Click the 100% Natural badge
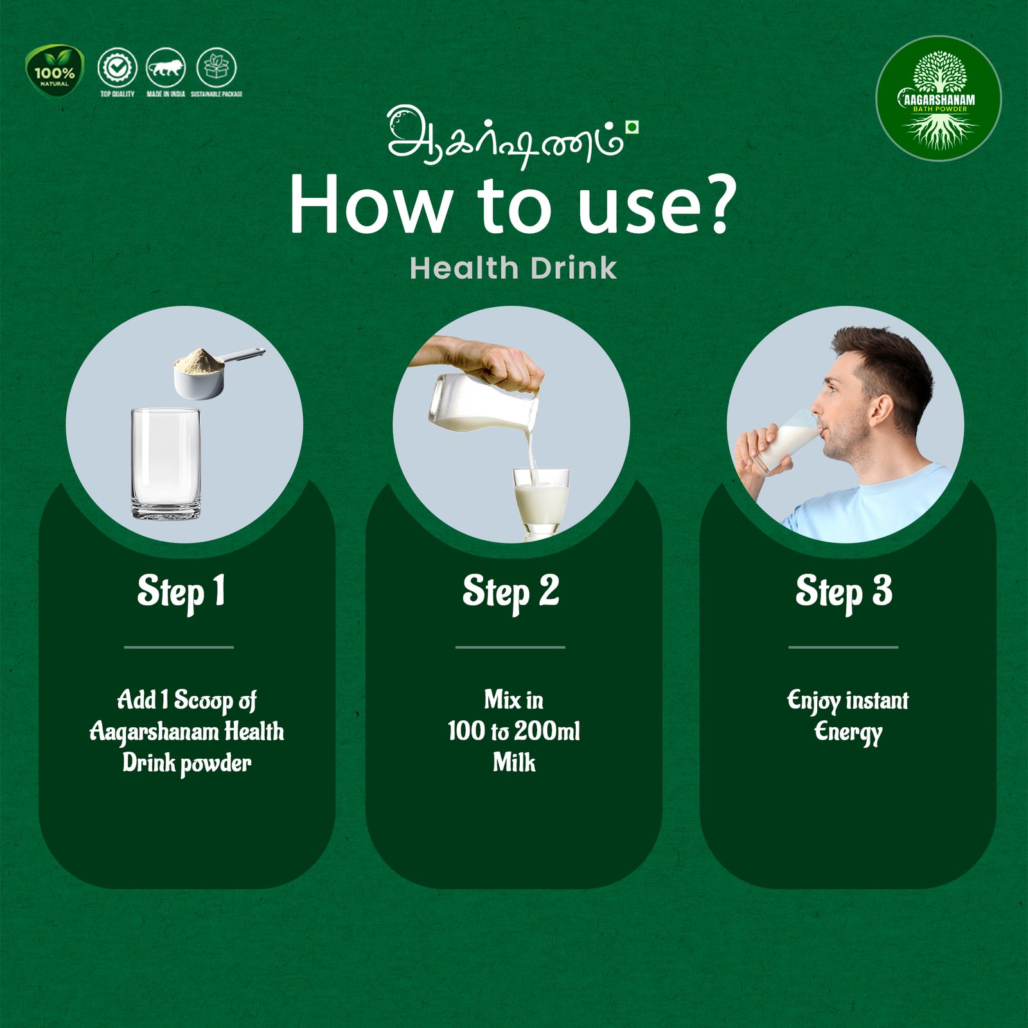coord(55,71)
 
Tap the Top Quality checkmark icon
coord(117,67)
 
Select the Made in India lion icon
coord(166,67)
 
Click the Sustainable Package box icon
coord(216,67)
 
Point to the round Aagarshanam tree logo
coord(939,98)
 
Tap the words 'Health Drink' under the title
coord(513,268)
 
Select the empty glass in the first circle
coord(166,463)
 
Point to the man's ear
coord(881,411)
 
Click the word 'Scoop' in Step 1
coord(204,700)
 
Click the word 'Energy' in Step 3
coord(848,732)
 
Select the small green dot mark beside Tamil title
coord(632,127)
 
